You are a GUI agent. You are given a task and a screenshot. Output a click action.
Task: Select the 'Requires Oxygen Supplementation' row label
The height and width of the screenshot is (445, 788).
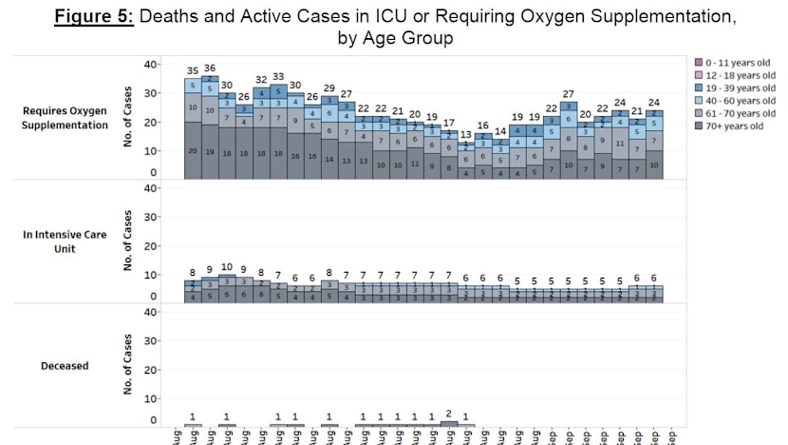point(64,117)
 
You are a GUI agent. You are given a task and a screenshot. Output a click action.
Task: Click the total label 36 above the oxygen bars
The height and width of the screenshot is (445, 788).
point(209,68)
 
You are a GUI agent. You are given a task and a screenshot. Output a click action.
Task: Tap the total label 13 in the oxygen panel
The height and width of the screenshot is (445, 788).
point(465,135)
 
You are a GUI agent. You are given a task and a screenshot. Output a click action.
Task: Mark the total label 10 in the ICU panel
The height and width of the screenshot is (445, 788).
point(227,267)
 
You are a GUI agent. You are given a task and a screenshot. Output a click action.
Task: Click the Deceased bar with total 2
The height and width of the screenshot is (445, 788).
point(448,422)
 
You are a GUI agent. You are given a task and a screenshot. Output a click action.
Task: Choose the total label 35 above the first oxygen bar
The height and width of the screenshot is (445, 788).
point(193,71)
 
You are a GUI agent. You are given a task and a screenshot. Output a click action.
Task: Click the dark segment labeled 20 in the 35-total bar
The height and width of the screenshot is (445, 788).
point(193,151)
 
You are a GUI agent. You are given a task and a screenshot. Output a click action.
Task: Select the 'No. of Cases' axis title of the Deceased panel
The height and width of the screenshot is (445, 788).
point(127,365)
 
